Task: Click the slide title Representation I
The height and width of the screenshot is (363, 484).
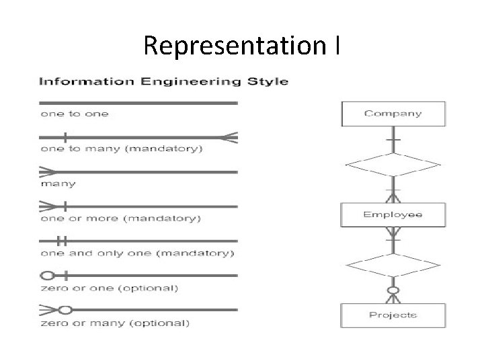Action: [242, 46]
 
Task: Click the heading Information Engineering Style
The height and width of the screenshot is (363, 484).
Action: [163, 82]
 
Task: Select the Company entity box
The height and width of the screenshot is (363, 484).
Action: [393, 114]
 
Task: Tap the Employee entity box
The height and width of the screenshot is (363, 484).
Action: [393, 215]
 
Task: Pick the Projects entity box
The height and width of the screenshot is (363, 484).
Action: [393, 315]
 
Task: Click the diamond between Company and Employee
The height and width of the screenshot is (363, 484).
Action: [393, 164]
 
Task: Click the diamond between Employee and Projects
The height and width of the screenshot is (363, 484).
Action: [393, 264]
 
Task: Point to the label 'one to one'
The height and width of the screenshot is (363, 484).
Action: [75, 114]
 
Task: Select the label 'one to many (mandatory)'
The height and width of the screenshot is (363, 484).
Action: [121, 149]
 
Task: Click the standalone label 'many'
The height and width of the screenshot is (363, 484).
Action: [58, 184]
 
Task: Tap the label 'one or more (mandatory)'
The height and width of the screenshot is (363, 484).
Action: [120, 218]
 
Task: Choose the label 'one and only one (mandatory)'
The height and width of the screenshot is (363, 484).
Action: [137, 253]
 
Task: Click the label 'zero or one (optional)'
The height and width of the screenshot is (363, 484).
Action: [109, 288]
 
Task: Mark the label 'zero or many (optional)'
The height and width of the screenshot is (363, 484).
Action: [115, 323]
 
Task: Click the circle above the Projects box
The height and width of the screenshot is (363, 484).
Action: [393, 291]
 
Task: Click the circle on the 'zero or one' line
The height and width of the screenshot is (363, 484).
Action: [48, 275]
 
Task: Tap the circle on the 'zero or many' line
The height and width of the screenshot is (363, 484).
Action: [65, 310]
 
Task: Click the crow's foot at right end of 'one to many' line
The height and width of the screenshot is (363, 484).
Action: [231, 138]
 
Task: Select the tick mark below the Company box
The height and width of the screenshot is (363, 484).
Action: [393, 139]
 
